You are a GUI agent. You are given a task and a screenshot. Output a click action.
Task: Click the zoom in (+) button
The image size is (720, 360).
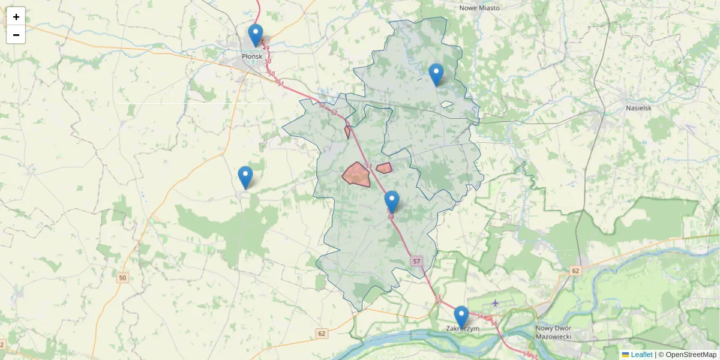point(16,16)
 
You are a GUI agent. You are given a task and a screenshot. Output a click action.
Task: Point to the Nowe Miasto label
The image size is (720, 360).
point(479,8)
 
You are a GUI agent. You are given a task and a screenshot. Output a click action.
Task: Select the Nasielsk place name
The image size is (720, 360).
point(638,108)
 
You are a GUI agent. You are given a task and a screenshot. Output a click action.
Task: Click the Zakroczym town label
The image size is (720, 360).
point(463,329)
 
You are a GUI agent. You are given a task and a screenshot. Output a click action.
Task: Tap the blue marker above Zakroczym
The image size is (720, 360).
point(461,316)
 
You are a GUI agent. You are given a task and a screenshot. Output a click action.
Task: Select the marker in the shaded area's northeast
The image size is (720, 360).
point(436,74)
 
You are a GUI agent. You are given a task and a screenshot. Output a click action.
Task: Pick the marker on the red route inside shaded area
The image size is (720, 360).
point(392,201)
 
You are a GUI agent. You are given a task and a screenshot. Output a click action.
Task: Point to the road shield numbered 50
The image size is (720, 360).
point(123,278)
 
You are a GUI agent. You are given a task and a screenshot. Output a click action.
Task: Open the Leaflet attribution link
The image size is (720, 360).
point(641,355)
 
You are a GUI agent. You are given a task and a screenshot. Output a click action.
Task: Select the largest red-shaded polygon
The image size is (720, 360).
point(356,175)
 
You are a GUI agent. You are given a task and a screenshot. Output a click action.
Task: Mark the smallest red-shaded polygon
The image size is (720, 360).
point(347,132)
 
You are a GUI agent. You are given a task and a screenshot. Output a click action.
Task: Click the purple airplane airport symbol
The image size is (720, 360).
point(495,302)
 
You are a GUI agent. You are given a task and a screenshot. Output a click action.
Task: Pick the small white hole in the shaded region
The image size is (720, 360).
point(446,104)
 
